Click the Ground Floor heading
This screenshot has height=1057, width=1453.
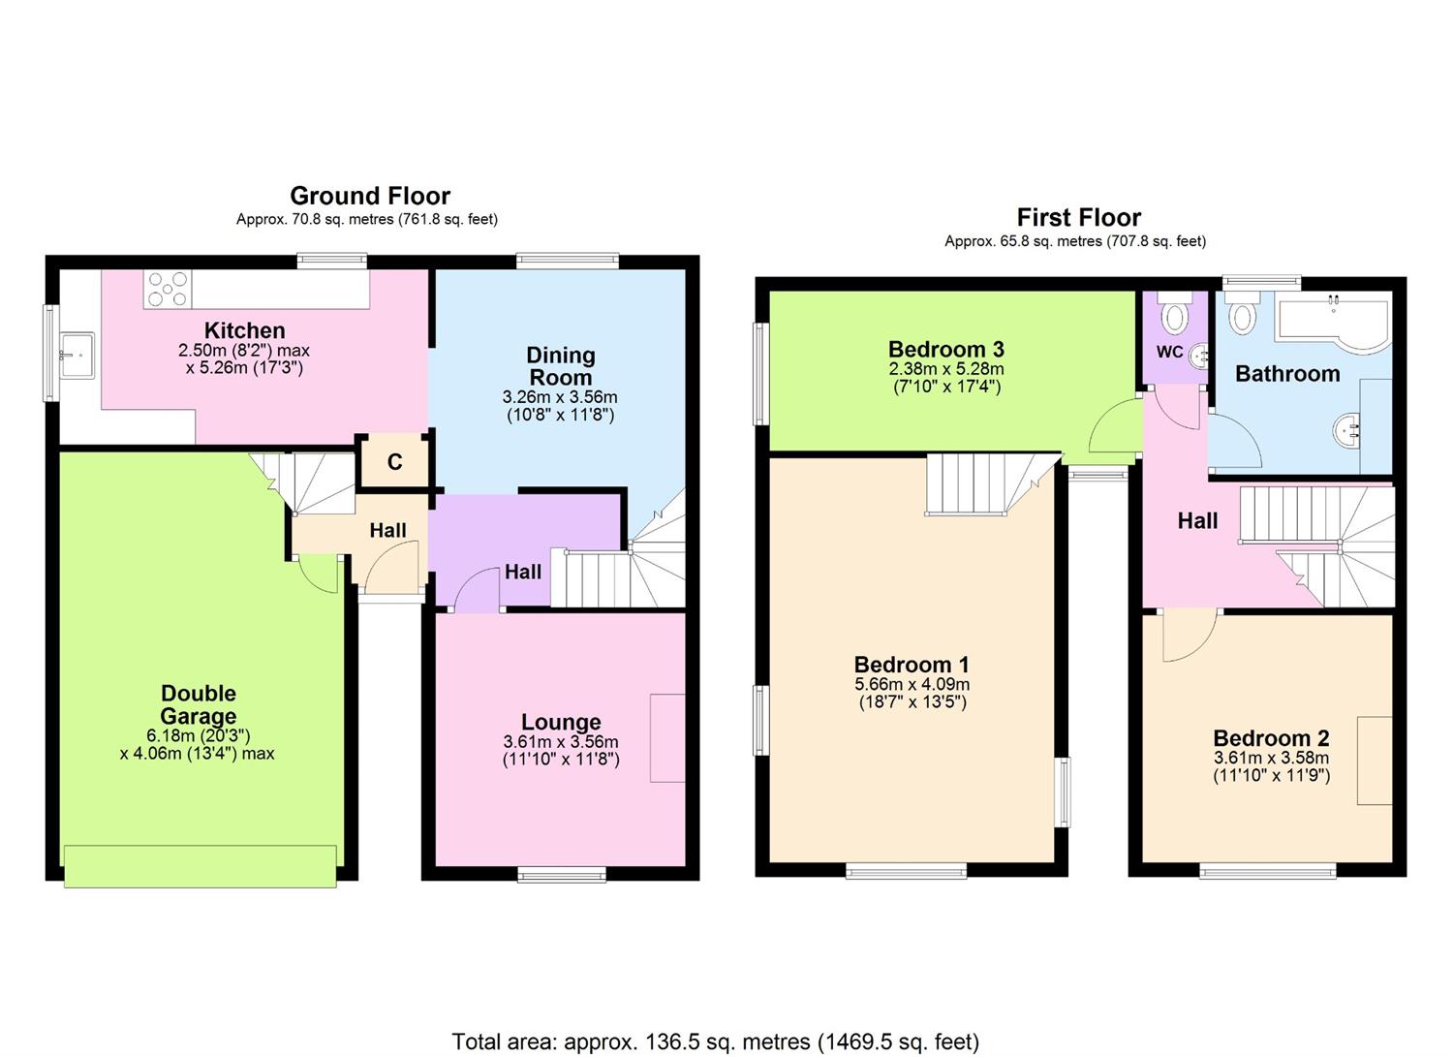(x=369, y=196)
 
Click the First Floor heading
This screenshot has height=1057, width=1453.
(x=1078, y=217)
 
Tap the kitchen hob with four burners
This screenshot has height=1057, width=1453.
(x=168, y=289)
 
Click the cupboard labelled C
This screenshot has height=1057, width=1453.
(x=394, y=462)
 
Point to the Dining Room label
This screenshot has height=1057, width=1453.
(x=560, y=366)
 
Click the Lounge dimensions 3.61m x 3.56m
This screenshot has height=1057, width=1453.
(x=560, y=742)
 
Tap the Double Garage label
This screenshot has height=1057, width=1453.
(x=199, y=704)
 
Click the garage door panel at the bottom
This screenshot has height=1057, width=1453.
(x=201, y=864)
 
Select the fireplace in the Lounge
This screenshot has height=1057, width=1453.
(x=667, y=737)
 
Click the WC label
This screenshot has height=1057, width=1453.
(x=1169, y=352)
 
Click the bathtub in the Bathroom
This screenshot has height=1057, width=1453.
(x=1333, y=319)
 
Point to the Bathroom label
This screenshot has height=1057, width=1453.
(x=1286, y=374)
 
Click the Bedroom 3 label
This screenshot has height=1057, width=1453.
(x=945, y=349)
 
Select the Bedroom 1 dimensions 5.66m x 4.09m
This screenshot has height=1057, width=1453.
(x=912, y=684)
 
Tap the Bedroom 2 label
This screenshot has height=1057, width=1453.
(x=1270, y=738)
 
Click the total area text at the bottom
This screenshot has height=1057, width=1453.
(x=715, y=1041)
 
